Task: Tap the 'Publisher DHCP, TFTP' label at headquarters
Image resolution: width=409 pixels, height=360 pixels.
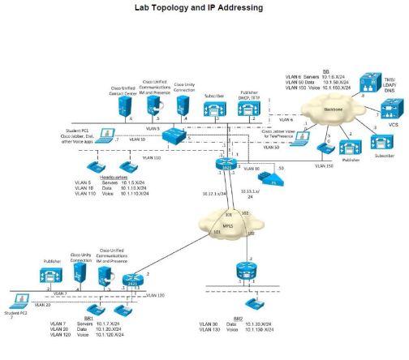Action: [249, 96]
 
